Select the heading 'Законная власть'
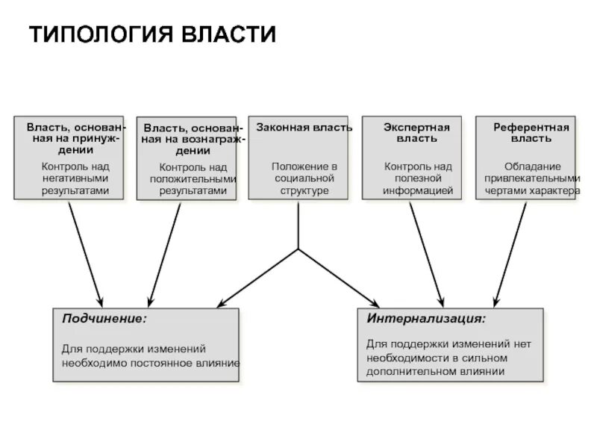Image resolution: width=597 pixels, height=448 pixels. coord(298,128)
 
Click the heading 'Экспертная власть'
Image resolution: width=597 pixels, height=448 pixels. coord(416,133)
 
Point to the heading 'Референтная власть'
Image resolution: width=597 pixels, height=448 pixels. coord(531,133)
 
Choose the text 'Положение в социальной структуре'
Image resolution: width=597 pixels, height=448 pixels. coord(298,178)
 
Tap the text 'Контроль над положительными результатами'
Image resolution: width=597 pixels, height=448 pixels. coord(193,179)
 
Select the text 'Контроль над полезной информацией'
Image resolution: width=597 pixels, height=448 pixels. coord(417,178)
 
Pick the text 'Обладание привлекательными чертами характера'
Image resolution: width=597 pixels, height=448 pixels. coord(531,178)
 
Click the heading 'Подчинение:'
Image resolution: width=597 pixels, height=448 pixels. coord(104,319)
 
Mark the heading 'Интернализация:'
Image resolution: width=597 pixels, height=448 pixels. coord(426,319)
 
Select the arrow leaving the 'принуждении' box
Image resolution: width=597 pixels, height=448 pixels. coord(84,250)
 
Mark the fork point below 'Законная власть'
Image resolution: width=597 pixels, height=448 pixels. coord(298,249)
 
